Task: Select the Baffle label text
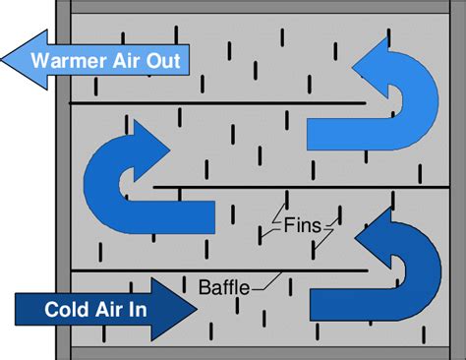(x=223, y=288)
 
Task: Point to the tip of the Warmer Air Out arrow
(x=6, y=59)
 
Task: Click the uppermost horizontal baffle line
(x=216, y=103)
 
